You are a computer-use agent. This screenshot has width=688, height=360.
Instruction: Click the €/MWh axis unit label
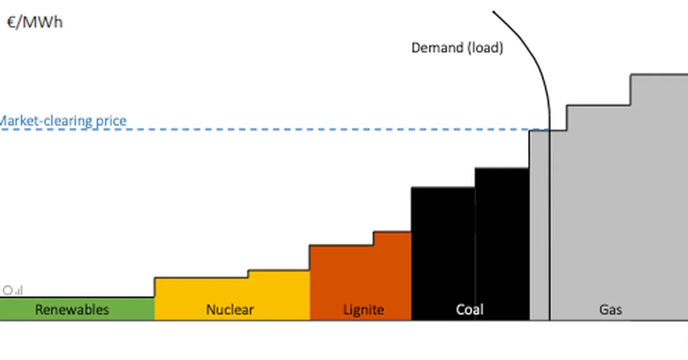(34, 22)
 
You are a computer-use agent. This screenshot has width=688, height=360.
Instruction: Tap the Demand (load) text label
(457, 48)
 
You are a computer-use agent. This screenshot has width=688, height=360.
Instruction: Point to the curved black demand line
(530, 57)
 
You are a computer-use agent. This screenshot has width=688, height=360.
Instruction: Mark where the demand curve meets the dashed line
(550, 130)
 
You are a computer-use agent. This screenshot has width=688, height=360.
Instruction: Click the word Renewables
(72, 310)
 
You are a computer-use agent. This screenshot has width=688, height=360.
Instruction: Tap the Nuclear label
(229, 310)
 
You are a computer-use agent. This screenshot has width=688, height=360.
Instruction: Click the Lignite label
(363, 310)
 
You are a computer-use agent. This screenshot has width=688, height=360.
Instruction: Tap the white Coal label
(470, 310)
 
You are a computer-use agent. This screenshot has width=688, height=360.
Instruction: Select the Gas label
(611, 310)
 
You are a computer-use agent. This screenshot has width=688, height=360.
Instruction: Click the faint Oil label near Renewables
(13, 291)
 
